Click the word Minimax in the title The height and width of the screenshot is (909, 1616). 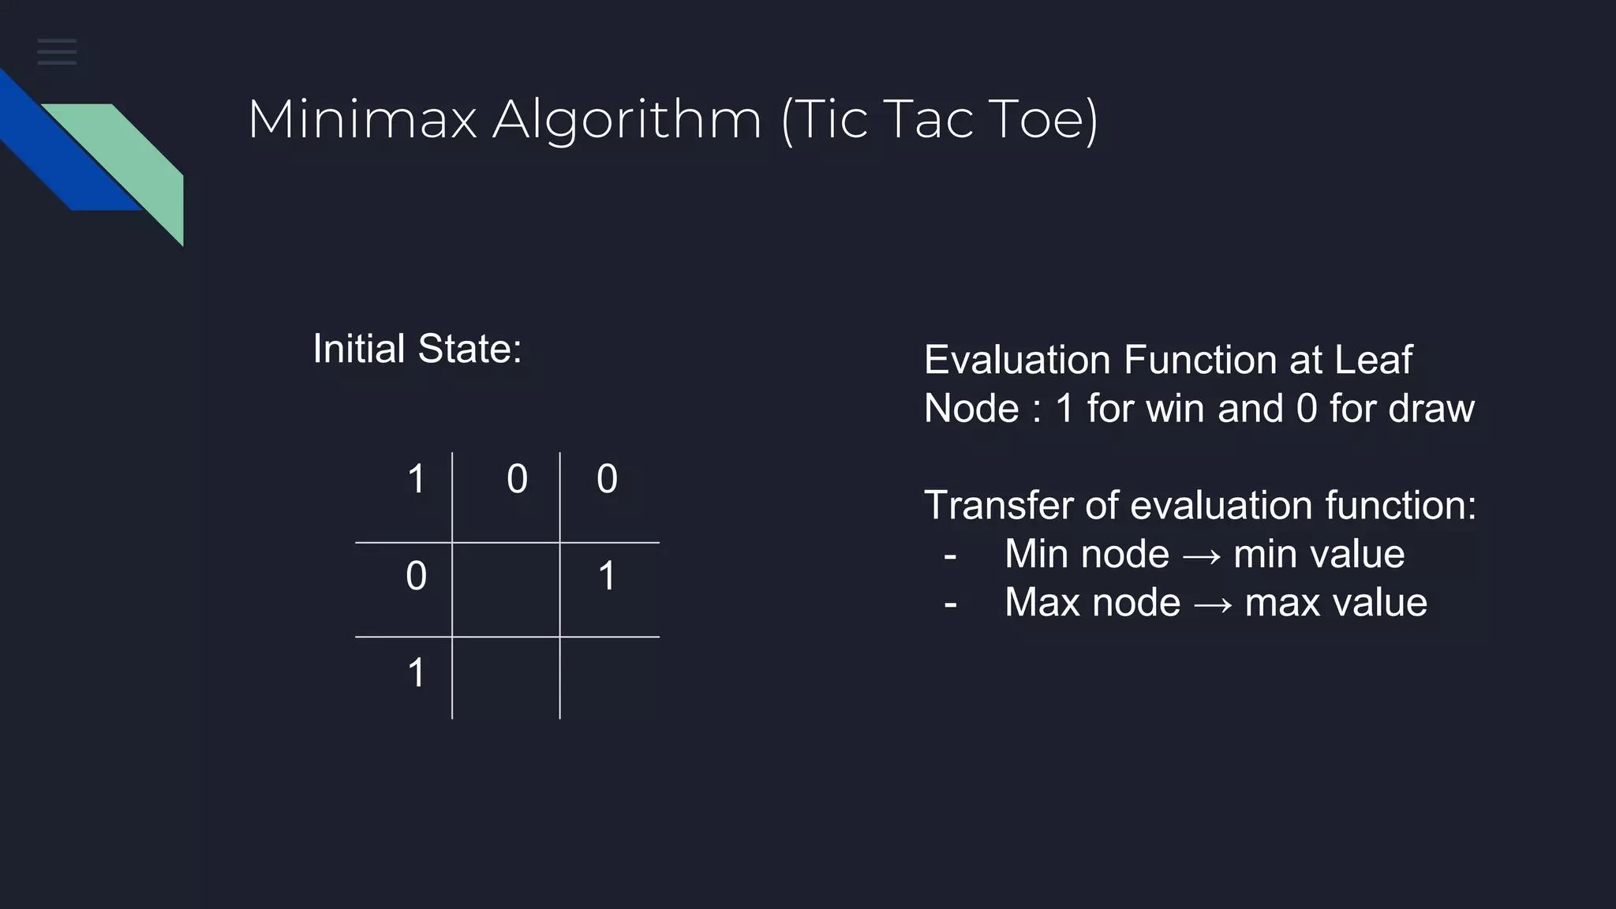[362, 120]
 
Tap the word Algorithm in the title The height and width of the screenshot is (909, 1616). [627, 120]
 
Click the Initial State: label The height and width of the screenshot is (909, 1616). [417, 349]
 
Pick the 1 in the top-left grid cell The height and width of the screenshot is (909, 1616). [417, 479]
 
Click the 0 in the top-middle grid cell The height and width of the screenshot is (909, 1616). [517, 479]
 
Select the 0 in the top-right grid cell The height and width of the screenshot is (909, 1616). [607, 479]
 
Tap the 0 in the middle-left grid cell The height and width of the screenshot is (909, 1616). [416, 576]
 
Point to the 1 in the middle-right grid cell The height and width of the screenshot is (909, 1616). [607, 576]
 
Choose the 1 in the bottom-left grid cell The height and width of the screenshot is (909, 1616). [417, 673]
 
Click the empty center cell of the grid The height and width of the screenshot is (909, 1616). [506, 589]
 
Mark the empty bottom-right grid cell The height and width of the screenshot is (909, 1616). [609, 678]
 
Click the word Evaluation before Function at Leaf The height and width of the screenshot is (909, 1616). [1016, 360]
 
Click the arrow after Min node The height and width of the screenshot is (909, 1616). [1201, 555]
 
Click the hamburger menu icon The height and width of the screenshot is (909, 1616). [57, 51]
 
